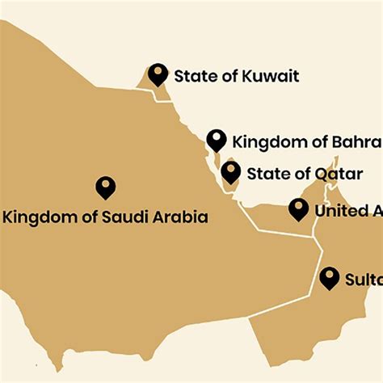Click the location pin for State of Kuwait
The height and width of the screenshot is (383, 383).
[158, 74]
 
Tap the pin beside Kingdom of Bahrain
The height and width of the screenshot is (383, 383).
[216, 139]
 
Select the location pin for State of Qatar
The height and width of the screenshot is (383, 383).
[231, 170]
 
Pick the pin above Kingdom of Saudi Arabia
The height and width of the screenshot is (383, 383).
[105, 187]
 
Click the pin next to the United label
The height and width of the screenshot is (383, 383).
[299, 209]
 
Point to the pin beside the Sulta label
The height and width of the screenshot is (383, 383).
[329, 278]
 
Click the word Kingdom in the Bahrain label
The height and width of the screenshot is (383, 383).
[267, 142]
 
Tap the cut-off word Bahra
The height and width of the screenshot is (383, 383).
[356, 142]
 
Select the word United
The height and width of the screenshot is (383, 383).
[340, 211]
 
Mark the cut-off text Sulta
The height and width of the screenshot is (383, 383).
[363, 280]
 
